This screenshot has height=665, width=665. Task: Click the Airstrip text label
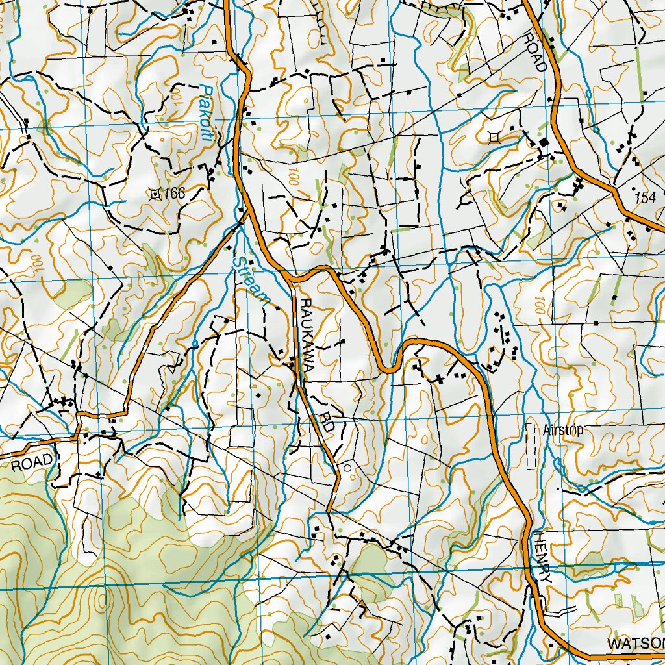[x=564, y=430]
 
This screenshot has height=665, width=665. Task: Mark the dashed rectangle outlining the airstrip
[x=532, y=445]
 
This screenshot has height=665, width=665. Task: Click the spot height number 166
[x=175, y=193]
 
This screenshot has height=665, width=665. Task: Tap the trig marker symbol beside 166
[x=155, y=193]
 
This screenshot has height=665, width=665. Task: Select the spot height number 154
[x=646, y=198]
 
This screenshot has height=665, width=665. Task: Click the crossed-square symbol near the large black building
[x=495, y=136]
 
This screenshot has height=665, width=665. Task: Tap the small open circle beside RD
[x=347, y=467]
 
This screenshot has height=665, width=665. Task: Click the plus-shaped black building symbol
[x=440, y=378]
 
